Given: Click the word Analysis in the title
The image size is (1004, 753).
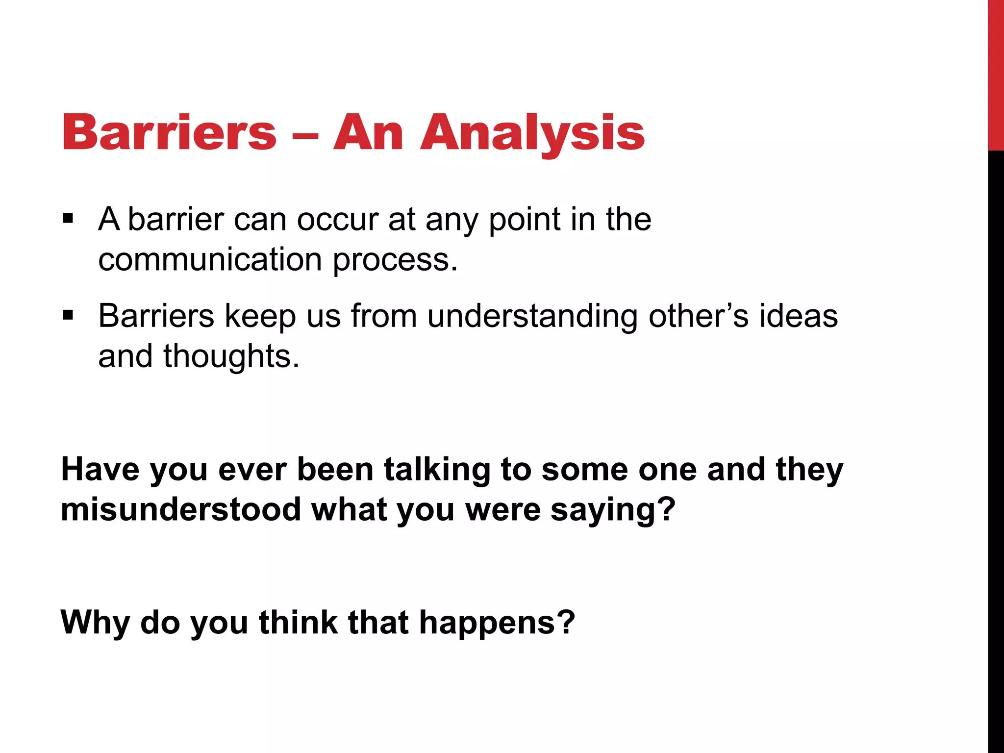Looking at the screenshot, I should [532, 133].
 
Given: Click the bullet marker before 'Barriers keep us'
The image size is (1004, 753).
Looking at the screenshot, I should [68, 315].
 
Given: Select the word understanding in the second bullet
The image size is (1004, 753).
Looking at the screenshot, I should [532, 316].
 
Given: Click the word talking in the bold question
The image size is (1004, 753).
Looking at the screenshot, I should [437, 470].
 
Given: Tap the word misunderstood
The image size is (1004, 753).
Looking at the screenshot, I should [181, 509].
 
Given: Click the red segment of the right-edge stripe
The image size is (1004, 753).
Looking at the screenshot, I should [996, 74].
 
